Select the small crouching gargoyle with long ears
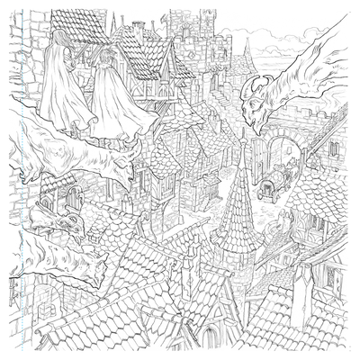point(54,216)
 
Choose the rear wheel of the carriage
point(262,193)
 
